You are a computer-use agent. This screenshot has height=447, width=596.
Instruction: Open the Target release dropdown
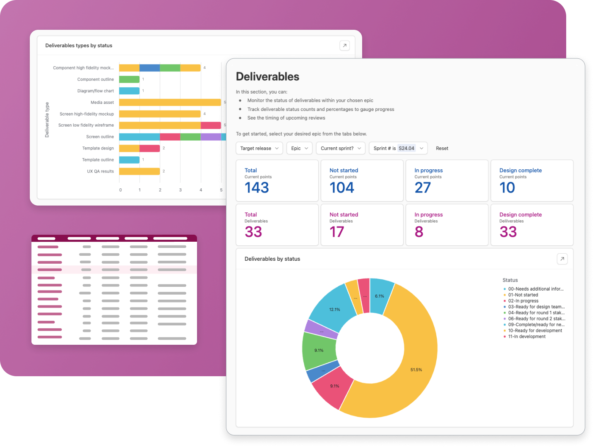(259, 148)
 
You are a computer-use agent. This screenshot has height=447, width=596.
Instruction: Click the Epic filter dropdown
(299, 148)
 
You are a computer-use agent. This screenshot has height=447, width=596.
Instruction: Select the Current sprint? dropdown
(341, 148)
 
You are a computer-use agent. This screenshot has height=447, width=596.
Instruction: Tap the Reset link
(442, 148)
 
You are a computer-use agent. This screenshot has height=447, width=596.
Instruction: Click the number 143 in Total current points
(257, 187)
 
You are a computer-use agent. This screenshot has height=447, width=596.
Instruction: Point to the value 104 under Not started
(341, 187)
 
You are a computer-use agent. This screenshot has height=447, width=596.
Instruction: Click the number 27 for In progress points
(423, 187)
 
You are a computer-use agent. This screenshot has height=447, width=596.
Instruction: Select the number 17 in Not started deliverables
(336, 232)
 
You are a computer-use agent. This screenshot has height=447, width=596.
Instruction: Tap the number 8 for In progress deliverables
(419, 232)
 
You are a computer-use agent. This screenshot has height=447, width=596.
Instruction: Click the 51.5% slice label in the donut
(416, 370)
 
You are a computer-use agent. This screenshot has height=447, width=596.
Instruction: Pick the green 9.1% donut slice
(319, 351)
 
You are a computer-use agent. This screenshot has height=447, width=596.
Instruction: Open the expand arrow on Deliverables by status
(562, 259)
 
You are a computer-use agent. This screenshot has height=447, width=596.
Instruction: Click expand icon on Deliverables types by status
(344, 46)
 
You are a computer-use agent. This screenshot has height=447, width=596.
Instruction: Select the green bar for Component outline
(129, 79)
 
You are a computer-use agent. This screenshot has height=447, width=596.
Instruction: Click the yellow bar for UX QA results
(139, 171)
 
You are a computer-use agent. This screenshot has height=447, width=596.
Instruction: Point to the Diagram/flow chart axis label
(95, 91)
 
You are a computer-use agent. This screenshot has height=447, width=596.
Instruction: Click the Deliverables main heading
(267, 77)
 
